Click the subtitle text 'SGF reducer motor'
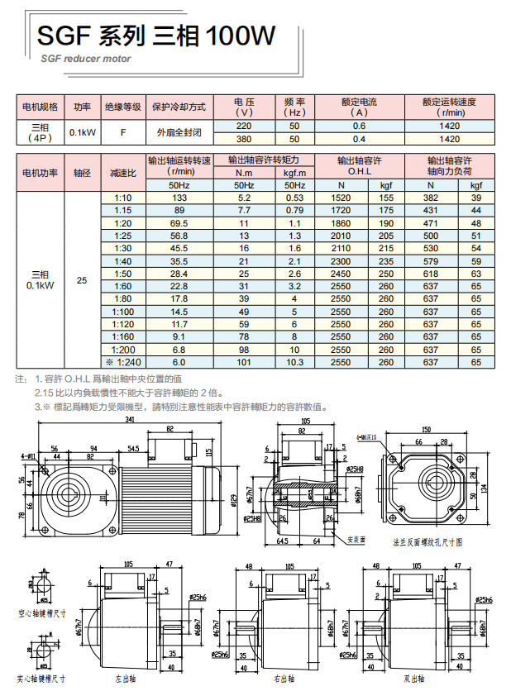click(86, 60)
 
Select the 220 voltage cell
click(243, 126)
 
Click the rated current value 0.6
click(359, 126)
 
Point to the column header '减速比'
click(123, 173)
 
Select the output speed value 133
click(179, 198)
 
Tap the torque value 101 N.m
click(244, 361)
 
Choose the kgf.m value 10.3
click(294, 361)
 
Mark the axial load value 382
click(431, 198)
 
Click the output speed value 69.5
click(179, 223)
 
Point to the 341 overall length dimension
click(130, 421)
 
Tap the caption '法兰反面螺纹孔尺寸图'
click(427, 543)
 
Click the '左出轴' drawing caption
click(126, 679)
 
